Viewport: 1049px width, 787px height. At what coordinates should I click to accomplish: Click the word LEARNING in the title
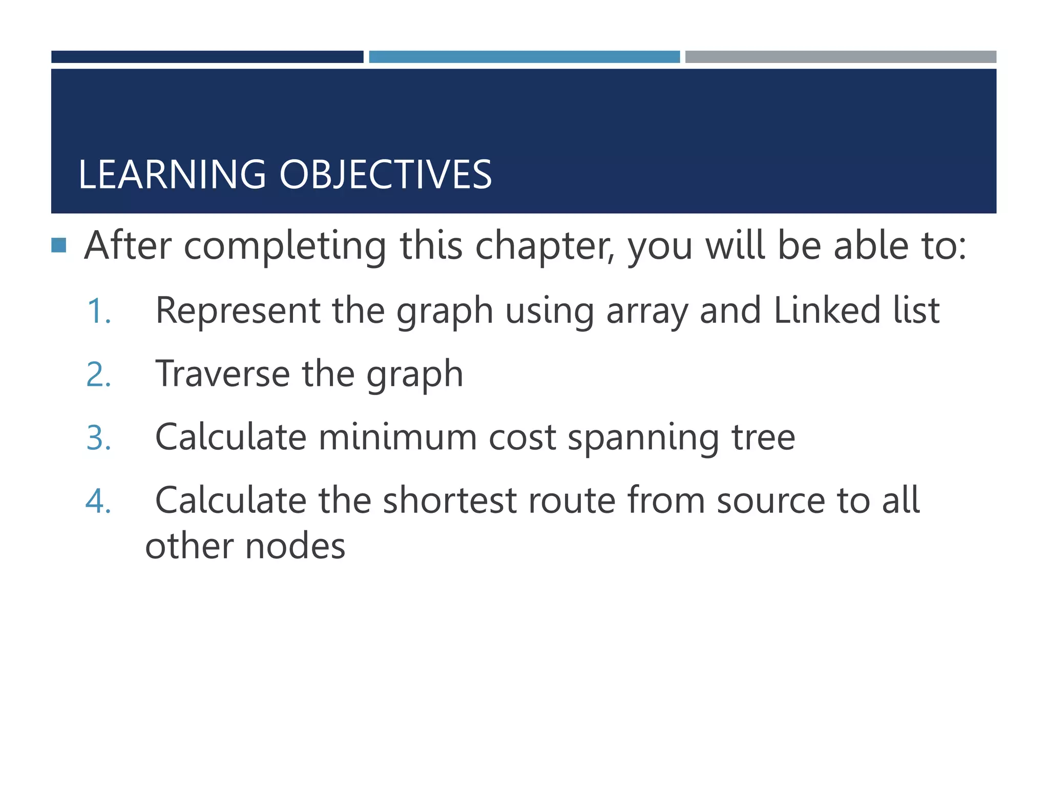pos(172,175)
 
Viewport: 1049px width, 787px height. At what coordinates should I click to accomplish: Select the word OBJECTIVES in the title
pos(385,175)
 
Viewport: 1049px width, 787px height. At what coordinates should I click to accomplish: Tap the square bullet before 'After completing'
pos(59,245)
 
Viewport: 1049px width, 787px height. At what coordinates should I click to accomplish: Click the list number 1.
pos(98,311)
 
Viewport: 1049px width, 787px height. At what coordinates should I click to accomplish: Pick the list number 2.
pos(98,375)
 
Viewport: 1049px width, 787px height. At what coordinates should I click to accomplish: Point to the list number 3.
pos(98,438)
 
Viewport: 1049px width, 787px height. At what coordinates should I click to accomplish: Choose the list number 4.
pos(98,501)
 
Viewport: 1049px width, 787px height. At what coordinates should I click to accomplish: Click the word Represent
pos(238,310)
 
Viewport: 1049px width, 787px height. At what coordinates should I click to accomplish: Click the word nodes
pos(296,546)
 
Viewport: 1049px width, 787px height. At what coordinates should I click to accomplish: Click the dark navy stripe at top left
pos(207,57)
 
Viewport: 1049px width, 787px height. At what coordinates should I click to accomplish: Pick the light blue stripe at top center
pos(524,57)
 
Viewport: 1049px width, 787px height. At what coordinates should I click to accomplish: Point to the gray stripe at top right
pos(841,57)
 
